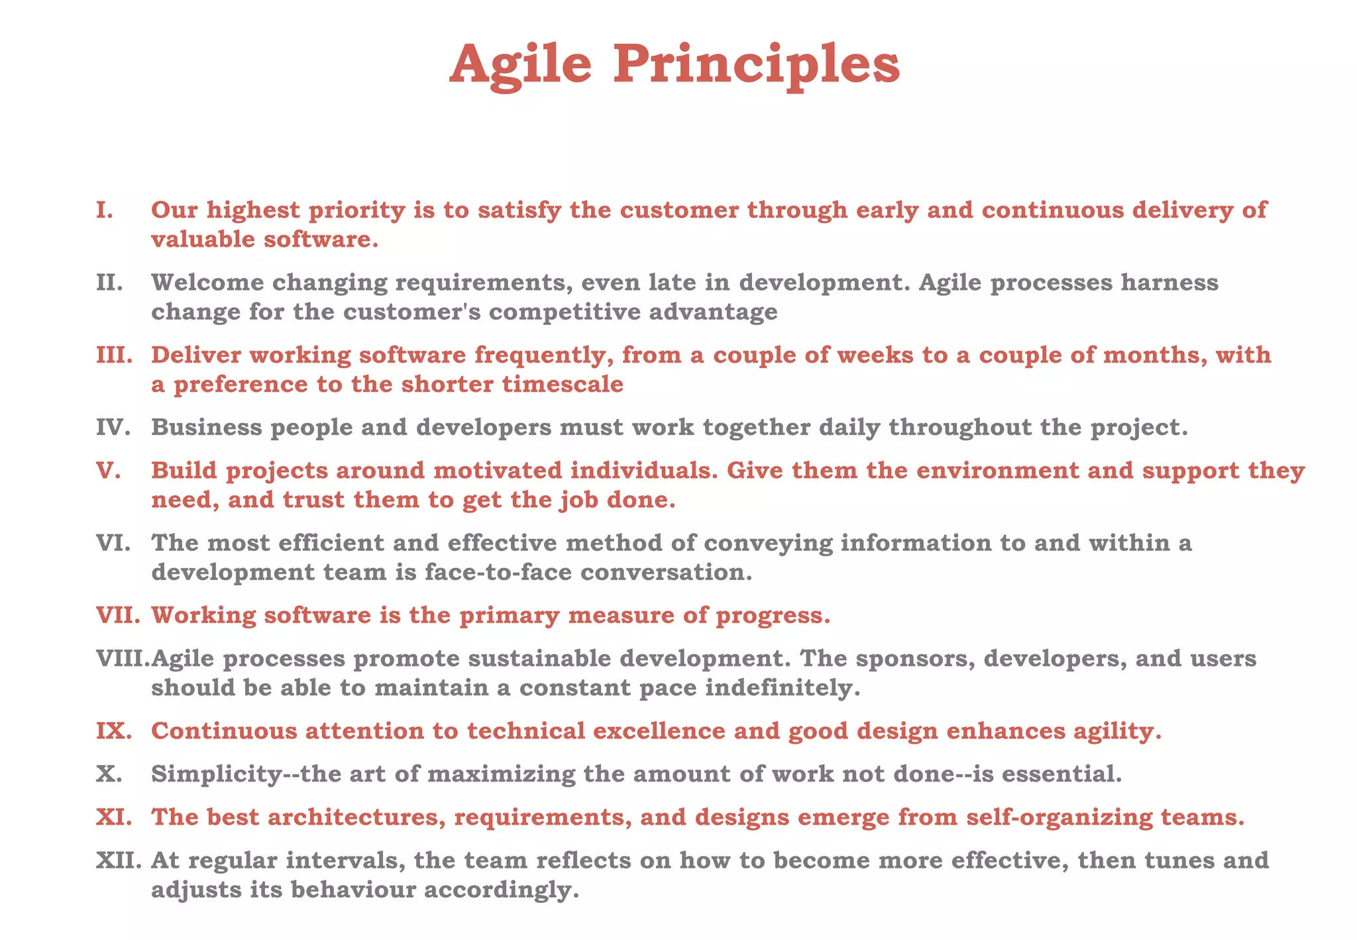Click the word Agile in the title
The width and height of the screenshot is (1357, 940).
pyautogui.click(x=520, y=65)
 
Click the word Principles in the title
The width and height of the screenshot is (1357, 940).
pyautogui.click(x=756, y=65)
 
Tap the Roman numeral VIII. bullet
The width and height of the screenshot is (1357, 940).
pyautogui.click(x=123, y=658)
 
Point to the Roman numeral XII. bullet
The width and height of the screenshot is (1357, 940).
pyautogui.click(x=119, y=860)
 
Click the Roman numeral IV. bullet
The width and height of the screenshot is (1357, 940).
pyautogui.click(x=112, y=428)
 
